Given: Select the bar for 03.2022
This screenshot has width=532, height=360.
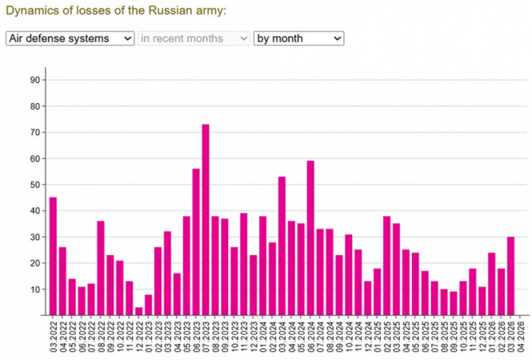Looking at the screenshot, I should point(53,256).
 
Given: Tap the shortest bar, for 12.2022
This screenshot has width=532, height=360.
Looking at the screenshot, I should point(138,310).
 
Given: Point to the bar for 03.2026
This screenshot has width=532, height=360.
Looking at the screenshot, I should point(510,275).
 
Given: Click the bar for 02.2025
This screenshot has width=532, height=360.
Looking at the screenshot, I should point(386,265).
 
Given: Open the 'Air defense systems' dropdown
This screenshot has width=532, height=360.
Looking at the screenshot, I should point(70,38).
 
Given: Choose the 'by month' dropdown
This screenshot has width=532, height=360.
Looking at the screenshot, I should point(298,38).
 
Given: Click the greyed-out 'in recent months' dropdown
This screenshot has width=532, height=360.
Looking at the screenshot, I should point(194,38).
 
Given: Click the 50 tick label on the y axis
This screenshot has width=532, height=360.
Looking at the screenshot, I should point(35,184).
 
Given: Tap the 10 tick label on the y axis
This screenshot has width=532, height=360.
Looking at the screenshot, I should point(35,289).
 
